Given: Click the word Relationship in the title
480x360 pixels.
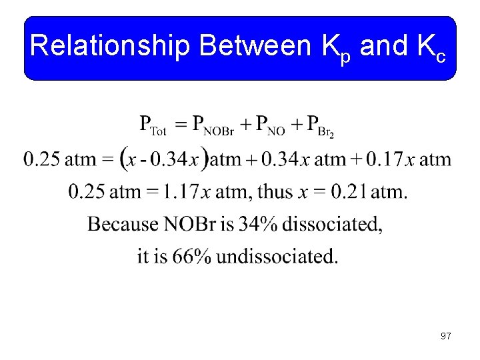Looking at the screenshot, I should [111, 47].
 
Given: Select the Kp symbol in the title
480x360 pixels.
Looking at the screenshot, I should [337, 49].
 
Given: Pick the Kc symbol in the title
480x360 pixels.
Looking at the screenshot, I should [431, 49].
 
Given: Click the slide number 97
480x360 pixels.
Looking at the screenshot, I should [445, 336].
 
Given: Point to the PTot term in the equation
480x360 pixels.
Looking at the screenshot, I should [153, 125].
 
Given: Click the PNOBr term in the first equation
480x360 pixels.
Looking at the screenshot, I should [213, 125].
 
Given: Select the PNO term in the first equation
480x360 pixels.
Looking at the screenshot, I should [273, 125].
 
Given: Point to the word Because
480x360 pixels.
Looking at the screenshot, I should [123, 224].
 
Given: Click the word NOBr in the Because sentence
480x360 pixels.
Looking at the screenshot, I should [187, 224].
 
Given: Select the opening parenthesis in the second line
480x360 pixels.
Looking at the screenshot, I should [125, 160].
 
